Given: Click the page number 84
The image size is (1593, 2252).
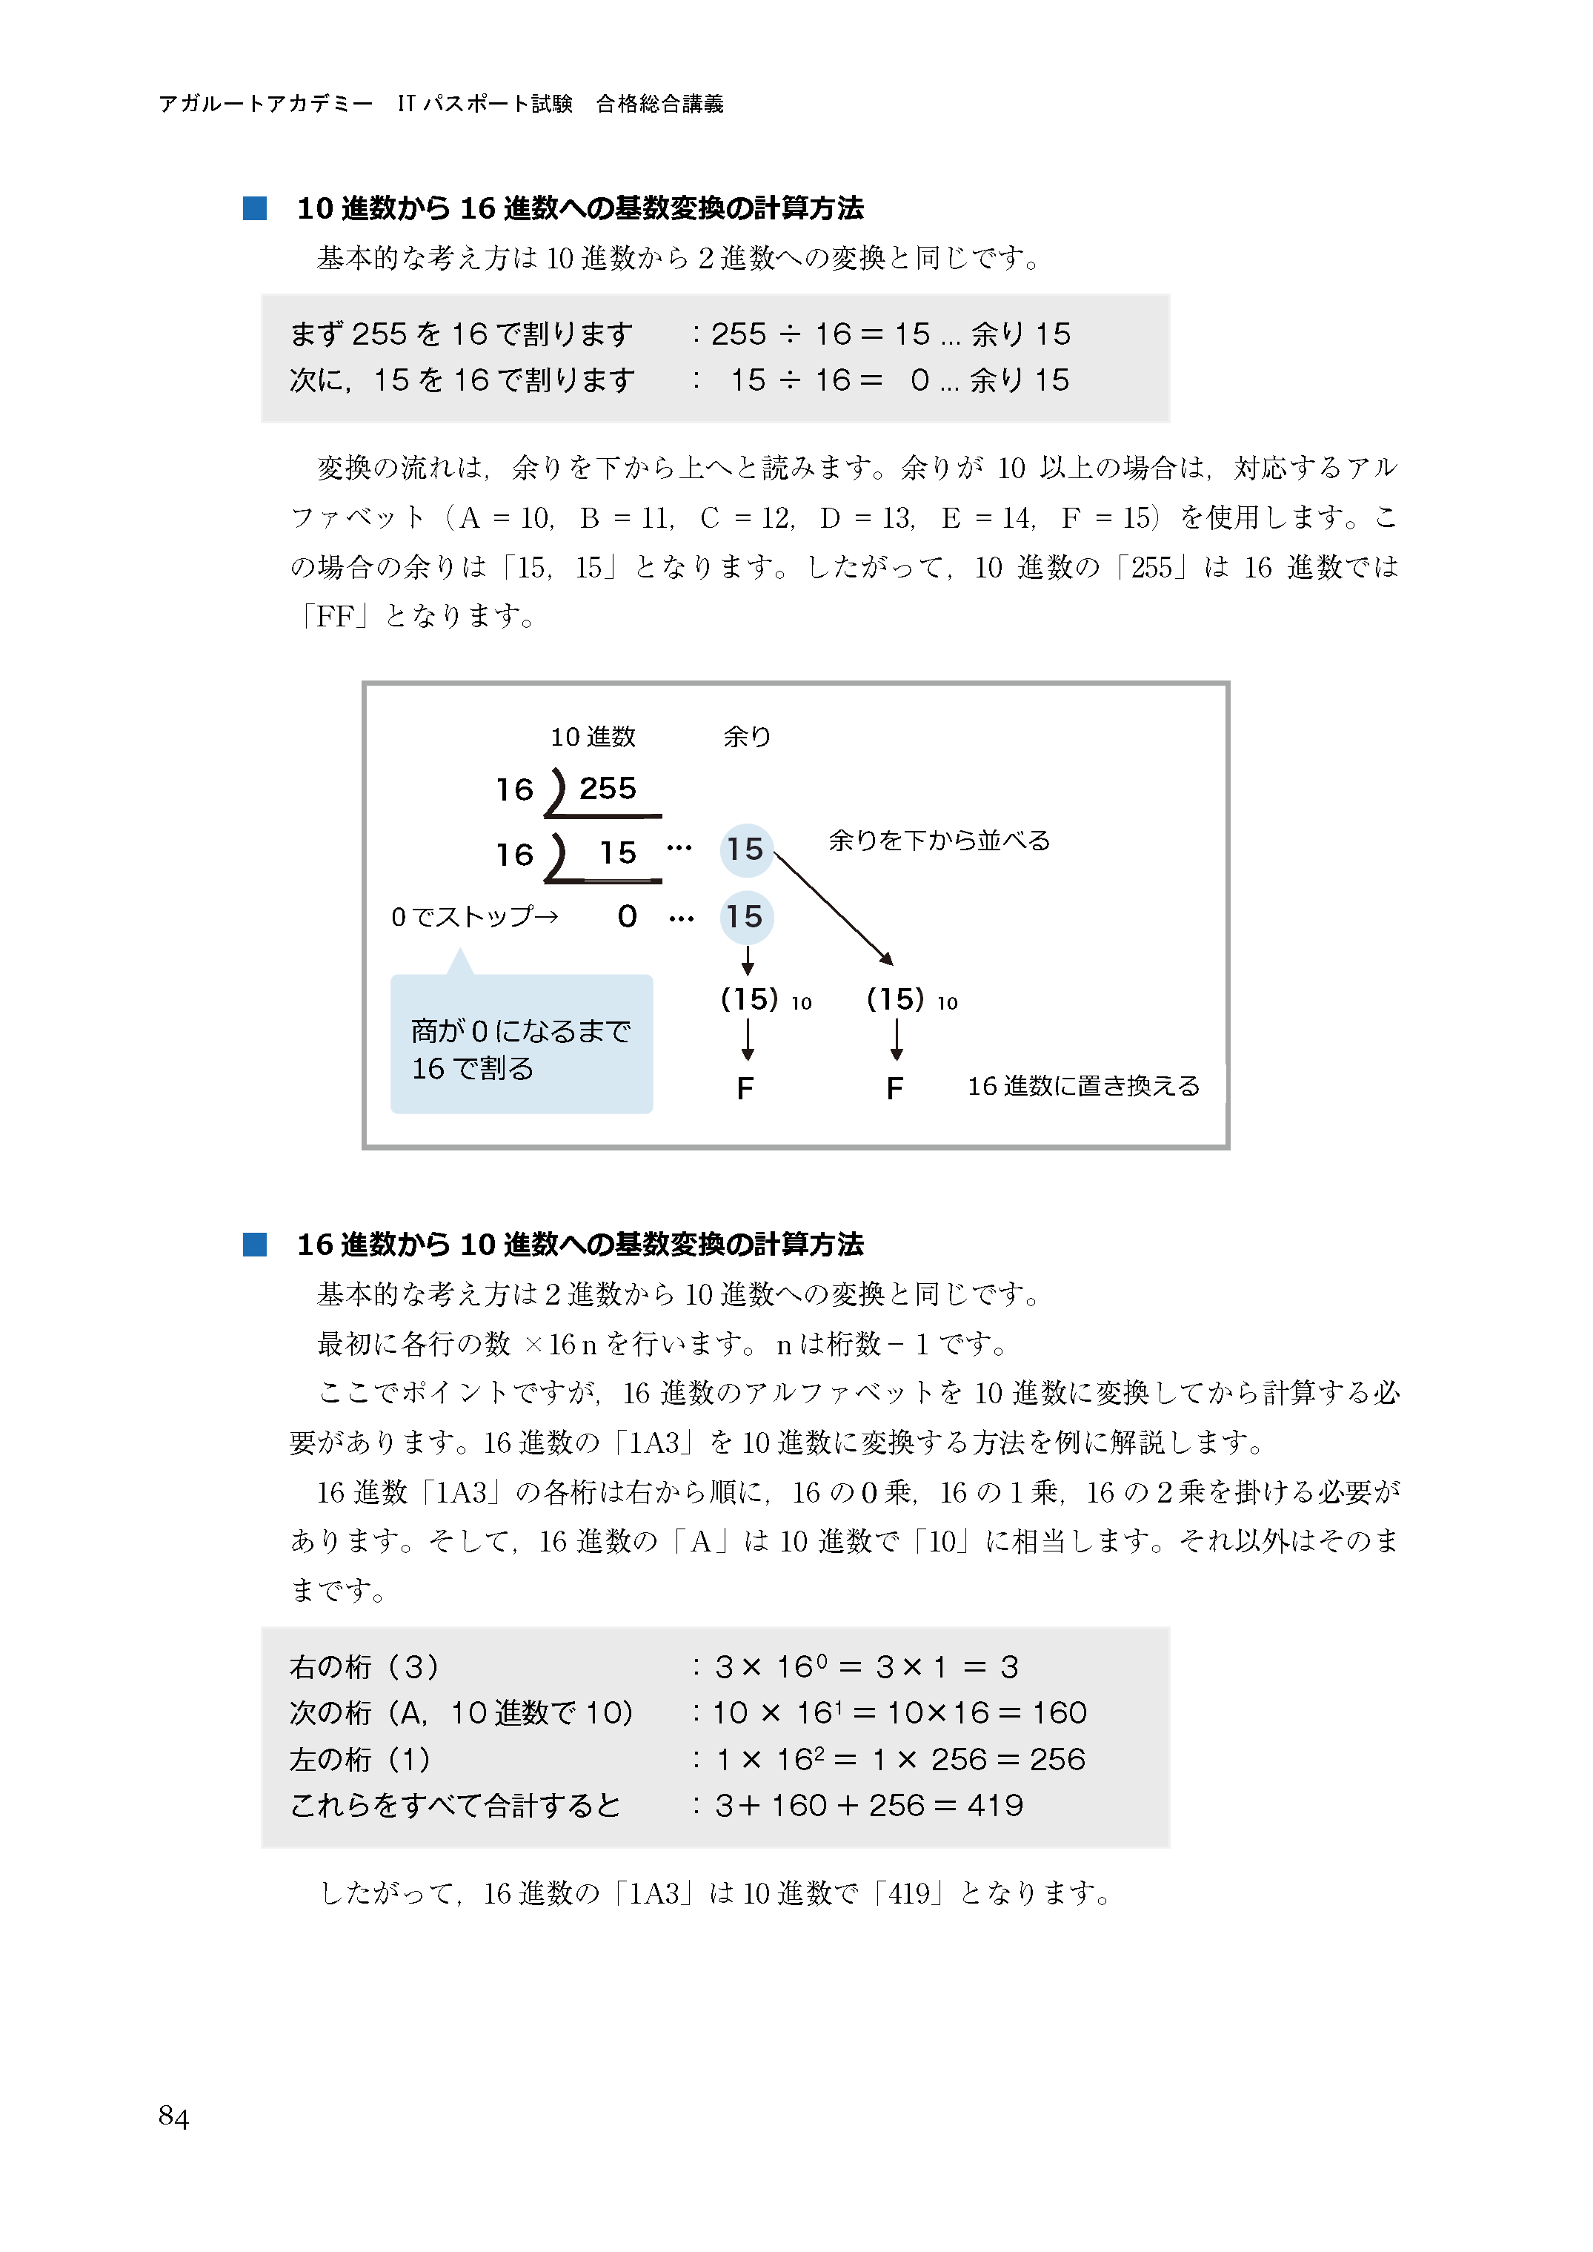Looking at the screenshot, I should [x=173, y=2116].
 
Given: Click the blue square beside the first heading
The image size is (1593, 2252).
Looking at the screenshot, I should [x=255, y=208].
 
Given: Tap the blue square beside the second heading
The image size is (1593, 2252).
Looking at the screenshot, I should [x=255, y=1245].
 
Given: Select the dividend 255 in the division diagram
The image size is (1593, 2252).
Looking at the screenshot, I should [x=607, y=788].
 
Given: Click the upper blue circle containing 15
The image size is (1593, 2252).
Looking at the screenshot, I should [x=745, y=850].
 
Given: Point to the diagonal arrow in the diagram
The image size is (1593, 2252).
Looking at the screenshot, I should [x=834, y=907].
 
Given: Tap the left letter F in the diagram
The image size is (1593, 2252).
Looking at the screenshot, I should [x=745, y=1088].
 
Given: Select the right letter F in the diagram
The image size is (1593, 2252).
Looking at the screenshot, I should [x=894, y=1088].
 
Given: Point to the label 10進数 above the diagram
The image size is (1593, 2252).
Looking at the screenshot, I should [x=593, y=737].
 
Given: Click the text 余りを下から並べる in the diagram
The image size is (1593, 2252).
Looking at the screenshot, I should [x=939, y=841].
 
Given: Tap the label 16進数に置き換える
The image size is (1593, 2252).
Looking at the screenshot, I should [x=1083, y=1086].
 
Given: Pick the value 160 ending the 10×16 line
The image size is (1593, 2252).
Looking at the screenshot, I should [x=1060, y=1713].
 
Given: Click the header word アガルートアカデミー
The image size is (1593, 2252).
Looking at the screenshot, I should [x=265, y=104].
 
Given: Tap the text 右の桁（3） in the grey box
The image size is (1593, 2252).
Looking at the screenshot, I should [x=364, y=1667].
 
